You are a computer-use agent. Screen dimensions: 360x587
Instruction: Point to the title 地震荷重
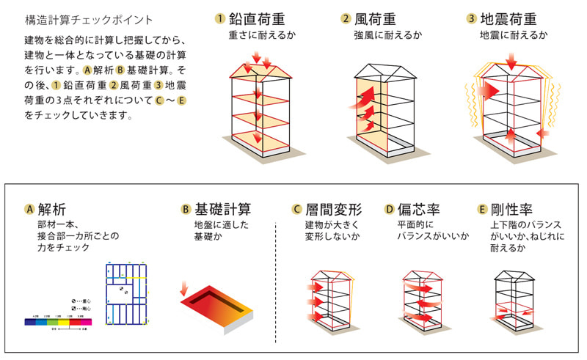(516, 18)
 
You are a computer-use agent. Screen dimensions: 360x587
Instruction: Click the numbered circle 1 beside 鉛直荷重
(219, 18)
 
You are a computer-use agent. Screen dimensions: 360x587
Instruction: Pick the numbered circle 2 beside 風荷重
(346, 18)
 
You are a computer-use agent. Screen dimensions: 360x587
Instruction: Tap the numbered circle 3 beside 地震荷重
(472, 18)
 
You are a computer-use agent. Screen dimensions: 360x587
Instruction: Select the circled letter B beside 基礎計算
(186, 209)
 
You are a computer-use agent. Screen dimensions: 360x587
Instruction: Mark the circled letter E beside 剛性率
(482, 209)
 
